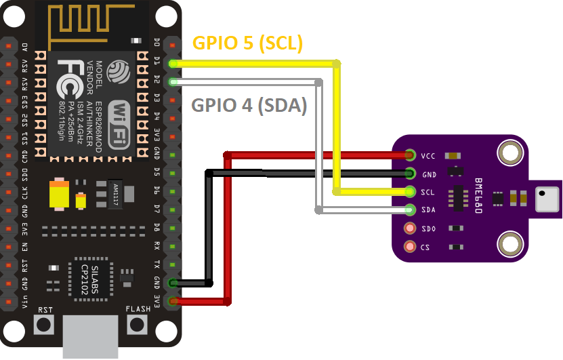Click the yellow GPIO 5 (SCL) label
pyautogui.click(x=247, y=43)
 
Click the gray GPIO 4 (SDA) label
pyautogui.click(x=249, y=105)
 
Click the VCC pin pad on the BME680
pyautogui.click(x=409, y=155)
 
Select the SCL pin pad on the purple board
pyautogui.click(x=409, y=192)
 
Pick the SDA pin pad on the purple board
pyautogui.click(x=409, y=210)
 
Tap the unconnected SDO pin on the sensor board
pyautogui.click(x=409, y=228)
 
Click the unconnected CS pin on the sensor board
pyautogui.click(x=409, y=247)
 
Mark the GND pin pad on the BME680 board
pyautogui.click(x=409, y=174)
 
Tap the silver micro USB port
pyautogui.click(x=91, y=337)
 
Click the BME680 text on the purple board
pyautogui.click(x=478, y=197)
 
